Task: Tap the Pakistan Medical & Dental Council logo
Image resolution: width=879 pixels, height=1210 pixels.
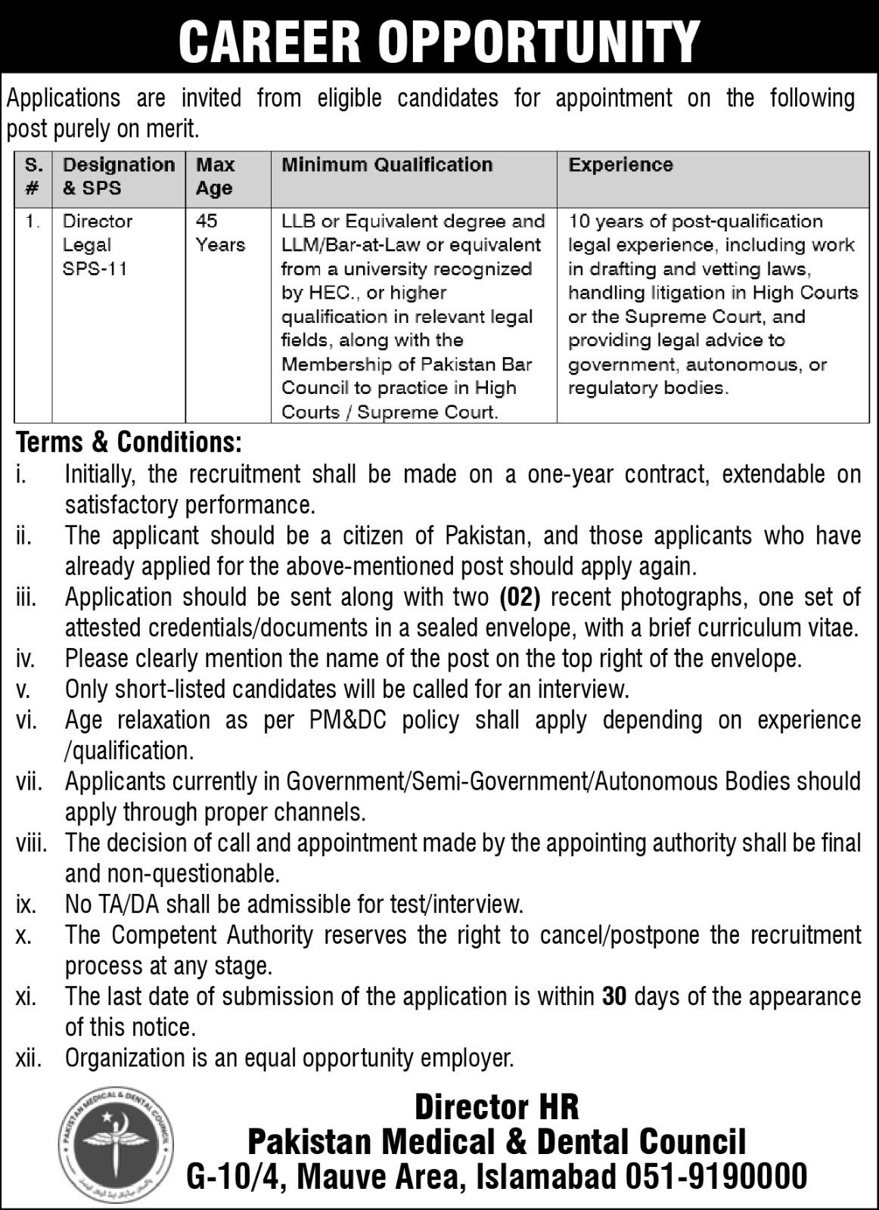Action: [x=116, y=1141]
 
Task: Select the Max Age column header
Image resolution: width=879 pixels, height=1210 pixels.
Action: [x=216, y=176]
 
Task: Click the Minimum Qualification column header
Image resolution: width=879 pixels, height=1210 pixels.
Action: [x=387, y=165]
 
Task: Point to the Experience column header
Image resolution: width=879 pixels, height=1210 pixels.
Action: [x=620, y=165]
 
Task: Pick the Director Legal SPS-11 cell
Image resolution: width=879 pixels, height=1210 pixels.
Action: [x=98, y=245]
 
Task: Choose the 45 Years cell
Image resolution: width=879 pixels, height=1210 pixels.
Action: [x=220, y=233]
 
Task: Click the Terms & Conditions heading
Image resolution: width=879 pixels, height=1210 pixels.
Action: [x=129, y=442]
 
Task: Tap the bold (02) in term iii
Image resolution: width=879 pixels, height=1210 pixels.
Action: [x=520, y=597]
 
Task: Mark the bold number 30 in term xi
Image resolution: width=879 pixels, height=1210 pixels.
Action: [x=615, y=997]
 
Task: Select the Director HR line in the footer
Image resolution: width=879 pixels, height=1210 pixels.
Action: [x=496, y=1107]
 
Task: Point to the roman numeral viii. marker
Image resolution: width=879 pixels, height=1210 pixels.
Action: [x=32, y=843]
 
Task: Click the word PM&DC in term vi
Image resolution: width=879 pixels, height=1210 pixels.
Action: [x=348, y=720]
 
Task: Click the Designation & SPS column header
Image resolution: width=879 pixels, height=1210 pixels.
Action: [x=118, y=176]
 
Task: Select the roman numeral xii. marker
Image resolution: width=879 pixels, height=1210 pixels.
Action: [x=29, y=1058]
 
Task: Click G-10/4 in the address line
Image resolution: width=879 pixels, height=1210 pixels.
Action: [x=233, y=1177]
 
